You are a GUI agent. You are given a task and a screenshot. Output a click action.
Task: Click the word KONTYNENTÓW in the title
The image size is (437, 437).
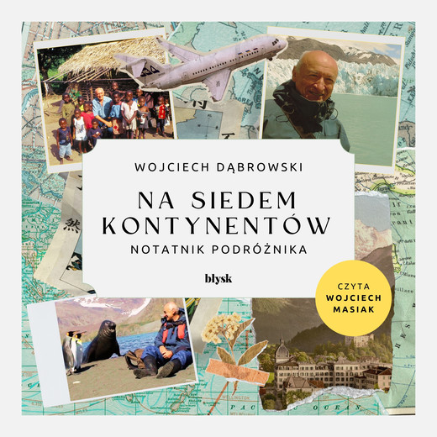218,225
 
